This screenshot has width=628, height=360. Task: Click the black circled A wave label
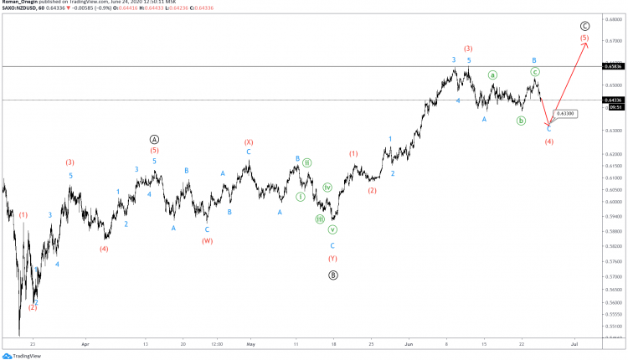click(154, 139)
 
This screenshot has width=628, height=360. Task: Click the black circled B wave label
click(332, 274)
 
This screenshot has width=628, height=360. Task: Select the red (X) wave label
click(249, 142)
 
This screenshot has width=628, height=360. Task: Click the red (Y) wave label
click(332, 258)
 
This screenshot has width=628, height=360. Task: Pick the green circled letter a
click(492, 75)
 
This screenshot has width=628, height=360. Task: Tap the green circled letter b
click(521, 121)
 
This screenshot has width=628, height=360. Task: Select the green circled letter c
click(535, 72)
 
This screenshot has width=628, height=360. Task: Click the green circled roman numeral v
click(332, 229)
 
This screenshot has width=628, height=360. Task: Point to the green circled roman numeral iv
click(327, 188)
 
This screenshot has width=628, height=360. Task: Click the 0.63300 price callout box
click(565, 113)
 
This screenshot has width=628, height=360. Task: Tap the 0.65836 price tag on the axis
click(615, 65)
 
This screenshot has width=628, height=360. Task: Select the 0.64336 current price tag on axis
click(615, 100)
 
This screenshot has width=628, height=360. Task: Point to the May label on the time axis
click(250, 343)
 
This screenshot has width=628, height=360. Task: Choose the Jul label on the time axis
click(574, 343)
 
